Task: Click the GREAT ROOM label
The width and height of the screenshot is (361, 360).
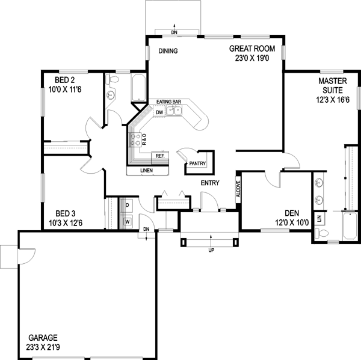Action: [252, 48]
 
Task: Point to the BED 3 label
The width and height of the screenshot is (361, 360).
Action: [66, 213]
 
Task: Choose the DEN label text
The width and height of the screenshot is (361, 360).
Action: [292, 213]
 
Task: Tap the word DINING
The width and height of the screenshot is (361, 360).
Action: [168, 51]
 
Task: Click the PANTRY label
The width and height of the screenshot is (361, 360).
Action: [198, 163]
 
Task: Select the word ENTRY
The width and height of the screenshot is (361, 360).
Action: [210, 183]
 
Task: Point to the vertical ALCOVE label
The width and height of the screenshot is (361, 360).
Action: [238, 190]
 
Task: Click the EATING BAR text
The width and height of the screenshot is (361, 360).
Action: [169, 102]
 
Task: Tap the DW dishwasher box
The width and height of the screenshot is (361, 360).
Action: [159, 112]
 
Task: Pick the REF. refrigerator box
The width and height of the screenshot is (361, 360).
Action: [160, 156]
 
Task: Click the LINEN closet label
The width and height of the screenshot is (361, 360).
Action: [147, 171]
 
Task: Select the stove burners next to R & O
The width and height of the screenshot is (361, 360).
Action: [138, 140]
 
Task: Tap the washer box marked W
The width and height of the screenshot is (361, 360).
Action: [128, 221]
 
